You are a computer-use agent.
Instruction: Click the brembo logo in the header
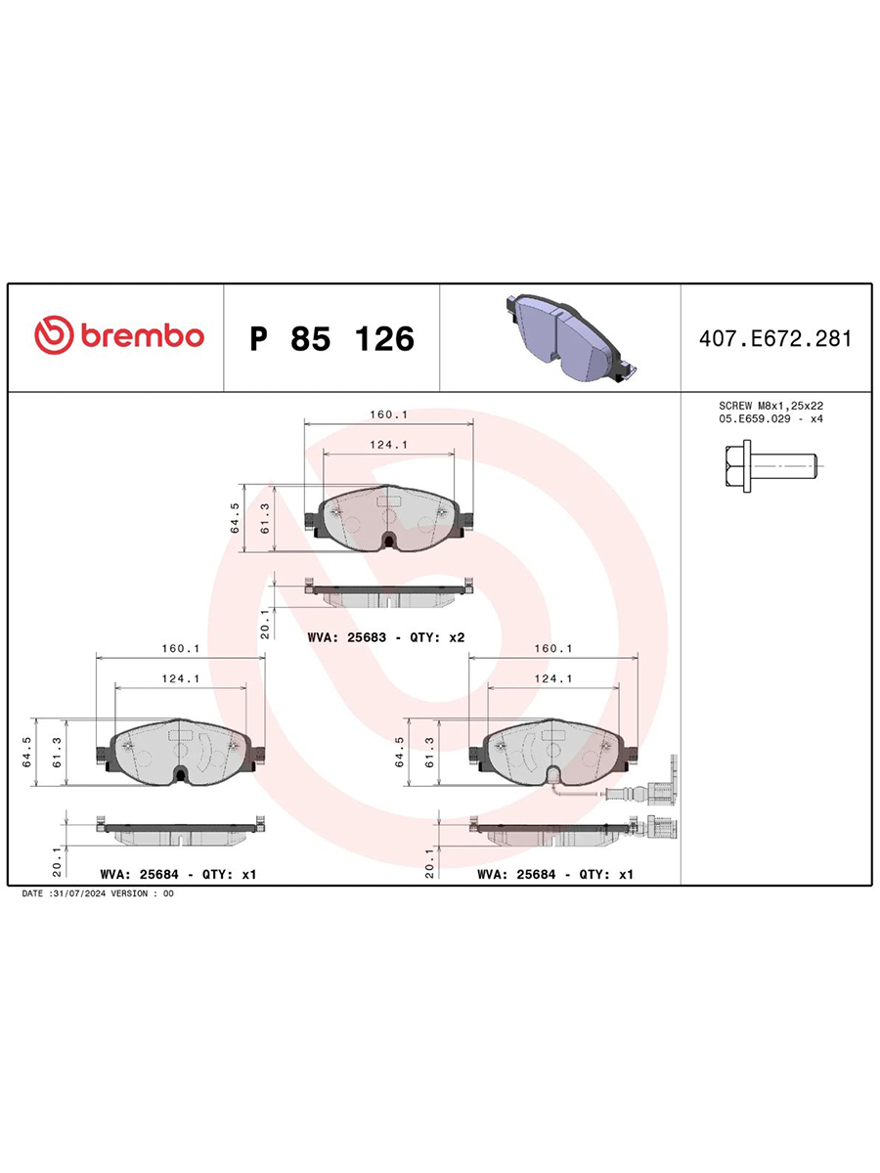(x=119, y=335)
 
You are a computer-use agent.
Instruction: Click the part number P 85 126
(x=331, y=338)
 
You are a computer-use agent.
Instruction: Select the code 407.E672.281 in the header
(x=775, y=339)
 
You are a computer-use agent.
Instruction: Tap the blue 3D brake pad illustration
(x=571, y=337)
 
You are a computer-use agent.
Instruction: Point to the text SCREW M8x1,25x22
(x=771, y=406)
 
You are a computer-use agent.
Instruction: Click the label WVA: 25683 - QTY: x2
(x=386, y=637)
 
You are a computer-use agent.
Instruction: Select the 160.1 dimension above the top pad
(x=388, y=414)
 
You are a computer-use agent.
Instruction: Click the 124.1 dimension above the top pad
(x=388, y=445)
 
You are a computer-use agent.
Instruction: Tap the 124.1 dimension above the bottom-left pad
(x=181, y=678)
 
